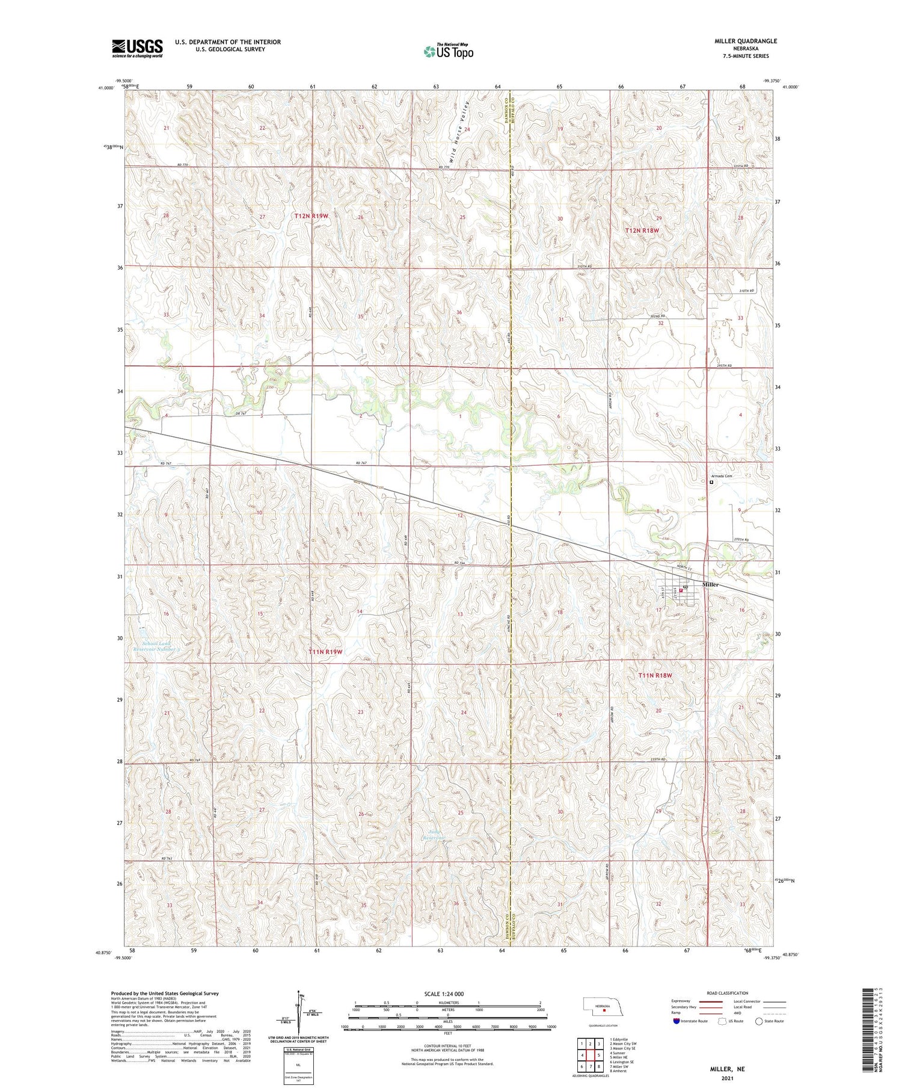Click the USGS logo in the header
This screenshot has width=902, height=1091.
(137, 48)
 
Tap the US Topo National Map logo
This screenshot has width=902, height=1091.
(448, 52)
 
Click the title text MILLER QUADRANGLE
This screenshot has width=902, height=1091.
(745, 41)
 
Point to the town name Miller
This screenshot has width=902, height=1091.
(710, 584)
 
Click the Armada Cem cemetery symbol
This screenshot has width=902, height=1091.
(711, 482)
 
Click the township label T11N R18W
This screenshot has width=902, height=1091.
(655, 675)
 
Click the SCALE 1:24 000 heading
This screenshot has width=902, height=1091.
(443, 994)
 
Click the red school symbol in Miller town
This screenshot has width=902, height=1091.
(681, 590)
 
